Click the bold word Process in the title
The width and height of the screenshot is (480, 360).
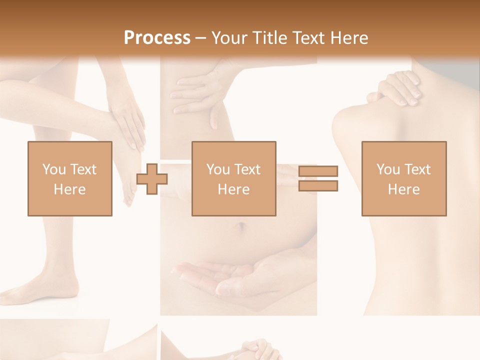coord(157,37)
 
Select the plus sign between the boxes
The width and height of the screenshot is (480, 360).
coord(152,178)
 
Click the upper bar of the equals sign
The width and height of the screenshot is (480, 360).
coord(318,171)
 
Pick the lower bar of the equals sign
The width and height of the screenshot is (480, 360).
coord(318,185)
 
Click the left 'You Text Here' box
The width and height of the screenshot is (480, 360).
coord(69,178)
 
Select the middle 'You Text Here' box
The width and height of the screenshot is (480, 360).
coord(233,178)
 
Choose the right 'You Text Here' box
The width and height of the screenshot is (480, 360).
coord(403,178)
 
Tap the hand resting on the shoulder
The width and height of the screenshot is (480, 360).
coord(397,90)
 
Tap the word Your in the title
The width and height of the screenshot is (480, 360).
coord(229,37)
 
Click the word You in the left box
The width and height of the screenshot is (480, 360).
coord(53,169)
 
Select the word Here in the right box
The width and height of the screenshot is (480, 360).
coord(403,189)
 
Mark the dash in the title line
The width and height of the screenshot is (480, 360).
coord(201,38)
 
